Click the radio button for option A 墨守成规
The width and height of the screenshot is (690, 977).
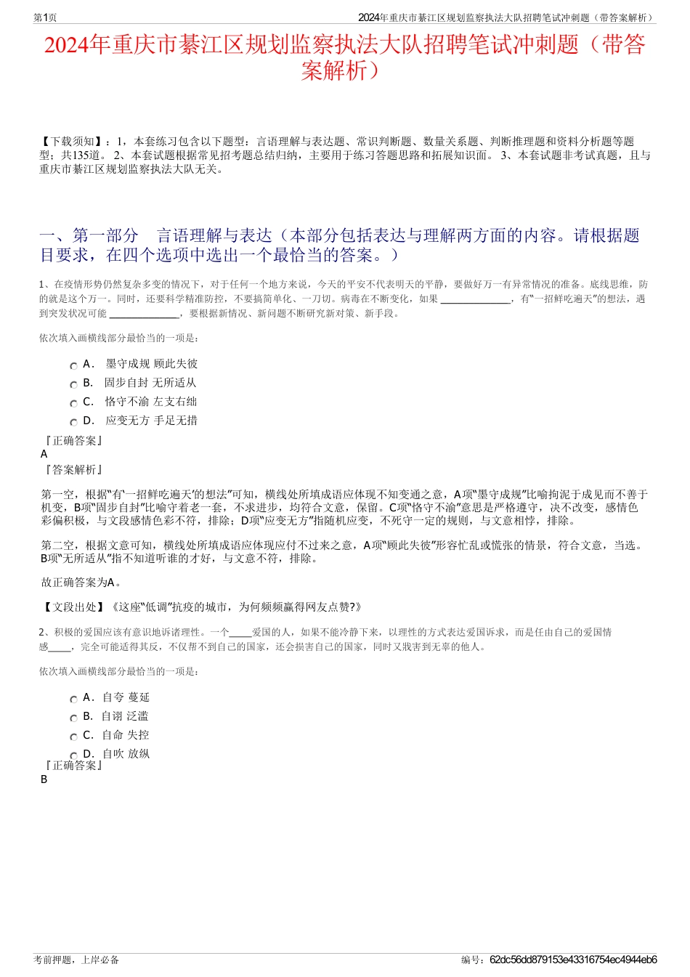(73, 366)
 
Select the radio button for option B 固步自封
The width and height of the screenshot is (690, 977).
(73, 385)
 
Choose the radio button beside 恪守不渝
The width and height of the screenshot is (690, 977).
(73, 404)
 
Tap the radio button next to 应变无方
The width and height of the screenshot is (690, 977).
(73, 423)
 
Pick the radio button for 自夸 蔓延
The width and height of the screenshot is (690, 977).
(73, 700)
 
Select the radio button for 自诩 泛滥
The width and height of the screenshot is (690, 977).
(73, 718)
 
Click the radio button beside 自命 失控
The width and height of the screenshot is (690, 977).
(73, 737)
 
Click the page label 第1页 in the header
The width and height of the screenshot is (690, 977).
(45, 17)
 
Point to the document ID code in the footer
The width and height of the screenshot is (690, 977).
(573, 960)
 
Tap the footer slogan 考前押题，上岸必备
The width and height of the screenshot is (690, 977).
(76, 960)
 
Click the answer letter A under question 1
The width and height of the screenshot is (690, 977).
(44, 454)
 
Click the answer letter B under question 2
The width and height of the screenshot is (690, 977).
(44, 779)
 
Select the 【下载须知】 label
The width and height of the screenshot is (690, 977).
(71, 141)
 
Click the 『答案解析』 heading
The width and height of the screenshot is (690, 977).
(73, 470)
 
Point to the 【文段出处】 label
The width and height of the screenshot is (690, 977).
(73, 607)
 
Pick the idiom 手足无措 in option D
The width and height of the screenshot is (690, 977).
(176, 421)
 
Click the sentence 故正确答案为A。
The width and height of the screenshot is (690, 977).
(82, 583)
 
